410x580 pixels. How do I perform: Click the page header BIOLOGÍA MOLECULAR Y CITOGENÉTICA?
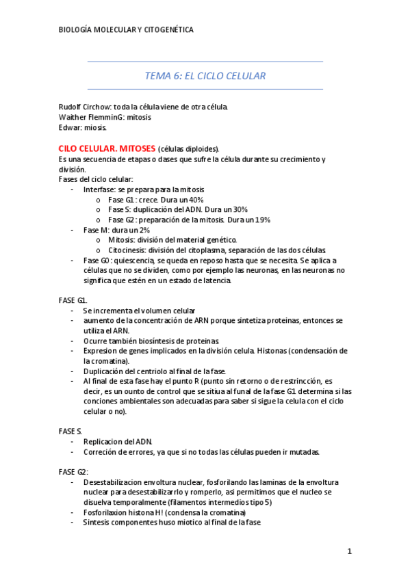point(126,29)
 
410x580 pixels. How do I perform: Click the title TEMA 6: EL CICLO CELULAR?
point(205,76)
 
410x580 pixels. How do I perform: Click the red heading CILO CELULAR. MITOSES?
point(107,148)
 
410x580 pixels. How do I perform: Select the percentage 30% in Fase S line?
point(238,209)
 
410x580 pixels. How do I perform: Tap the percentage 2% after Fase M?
point(142,230)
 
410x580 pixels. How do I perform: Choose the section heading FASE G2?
point(73,471)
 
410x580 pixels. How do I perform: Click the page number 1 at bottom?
point(349,551)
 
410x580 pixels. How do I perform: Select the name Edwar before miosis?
point(69,127)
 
